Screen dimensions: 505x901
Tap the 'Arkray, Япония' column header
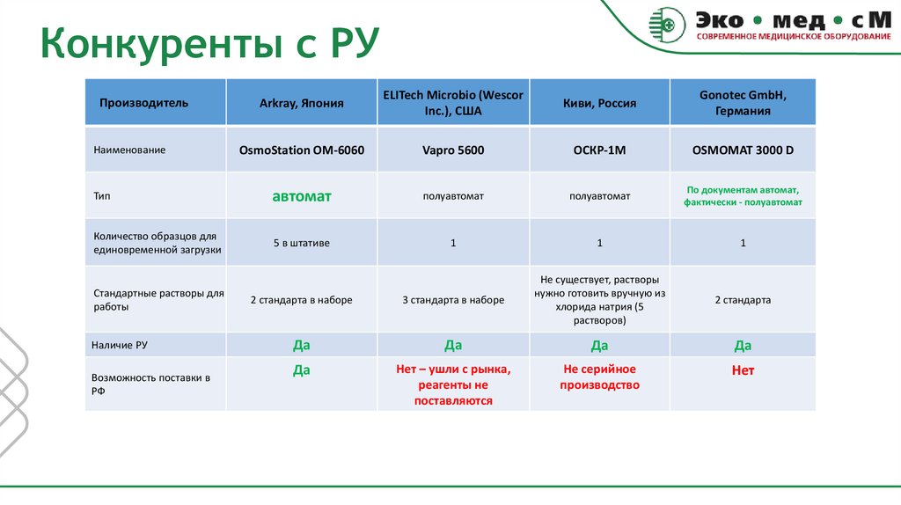click(x=301, y=103)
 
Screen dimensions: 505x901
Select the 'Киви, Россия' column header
click(x=599, y=103)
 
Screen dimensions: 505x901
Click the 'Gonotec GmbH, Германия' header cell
click(x=743, y=102)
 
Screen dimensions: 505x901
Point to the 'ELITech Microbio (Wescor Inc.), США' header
click(x=453, y=102)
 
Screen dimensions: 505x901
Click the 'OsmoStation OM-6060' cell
click(x=301, y=150)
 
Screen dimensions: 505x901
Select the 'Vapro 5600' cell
click(x=453, y=150)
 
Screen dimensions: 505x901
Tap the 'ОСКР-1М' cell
click(x=599, y=150)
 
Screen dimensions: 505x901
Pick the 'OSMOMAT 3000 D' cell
click(x=743, y=150)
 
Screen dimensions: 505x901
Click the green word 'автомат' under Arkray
click(x=301, y=196)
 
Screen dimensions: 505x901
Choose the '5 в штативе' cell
click(x=301, y=243)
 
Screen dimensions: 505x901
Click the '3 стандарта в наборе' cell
click(x=453, y=300)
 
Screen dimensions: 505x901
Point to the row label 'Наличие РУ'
click(x=119, y=346)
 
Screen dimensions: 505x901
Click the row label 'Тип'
click(x=101, y=196)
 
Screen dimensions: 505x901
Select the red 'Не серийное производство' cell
click(x=599, y=377)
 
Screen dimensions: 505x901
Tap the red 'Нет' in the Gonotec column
click(x=743, y=370)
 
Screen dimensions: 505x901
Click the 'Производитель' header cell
click(x=143, y=103)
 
